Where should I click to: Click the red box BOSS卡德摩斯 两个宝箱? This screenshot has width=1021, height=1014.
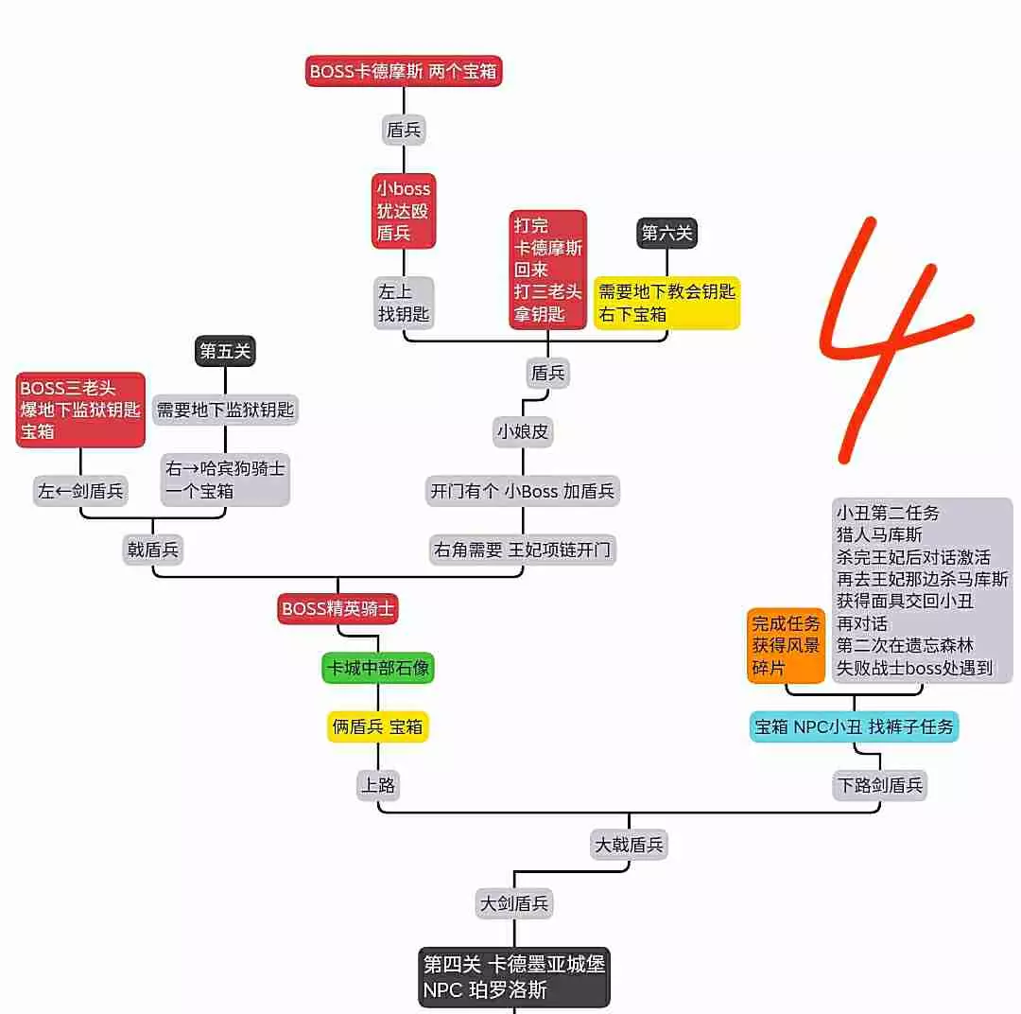tap(404, 71)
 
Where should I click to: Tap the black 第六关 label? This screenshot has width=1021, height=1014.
tap(667, 233)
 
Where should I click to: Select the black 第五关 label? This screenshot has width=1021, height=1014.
tap(225, 352)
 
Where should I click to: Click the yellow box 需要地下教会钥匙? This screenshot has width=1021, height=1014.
tap(667, 303)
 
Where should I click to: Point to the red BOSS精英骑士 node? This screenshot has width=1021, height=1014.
tap(337, 608)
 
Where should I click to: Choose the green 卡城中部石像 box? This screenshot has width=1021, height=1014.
tap(378, 668)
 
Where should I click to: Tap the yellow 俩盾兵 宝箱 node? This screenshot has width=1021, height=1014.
tap(378, 726)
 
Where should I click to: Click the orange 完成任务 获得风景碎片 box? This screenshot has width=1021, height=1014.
tap(786, 645)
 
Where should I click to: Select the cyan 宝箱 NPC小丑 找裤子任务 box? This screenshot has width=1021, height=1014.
tap(855, 726)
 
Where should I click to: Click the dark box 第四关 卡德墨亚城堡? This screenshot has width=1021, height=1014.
tap(514, 977)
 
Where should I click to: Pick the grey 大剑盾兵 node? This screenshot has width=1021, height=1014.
tap(514, 903)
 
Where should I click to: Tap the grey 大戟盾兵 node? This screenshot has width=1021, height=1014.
tap(630, 844)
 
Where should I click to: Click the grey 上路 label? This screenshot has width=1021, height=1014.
tap(378, 784)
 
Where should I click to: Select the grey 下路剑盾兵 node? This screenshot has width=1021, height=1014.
tap(879, 784)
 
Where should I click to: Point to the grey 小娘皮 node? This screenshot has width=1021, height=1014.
tap(523, 432)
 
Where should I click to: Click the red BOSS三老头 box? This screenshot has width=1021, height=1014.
tap(80, 410)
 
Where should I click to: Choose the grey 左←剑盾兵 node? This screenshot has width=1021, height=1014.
tap(80, 491)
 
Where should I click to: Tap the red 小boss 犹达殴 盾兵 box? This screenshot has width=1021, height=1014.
tap(404, 211)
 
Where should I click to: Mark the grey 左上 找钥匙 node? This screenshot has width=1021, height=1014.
tap(404, 303)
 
